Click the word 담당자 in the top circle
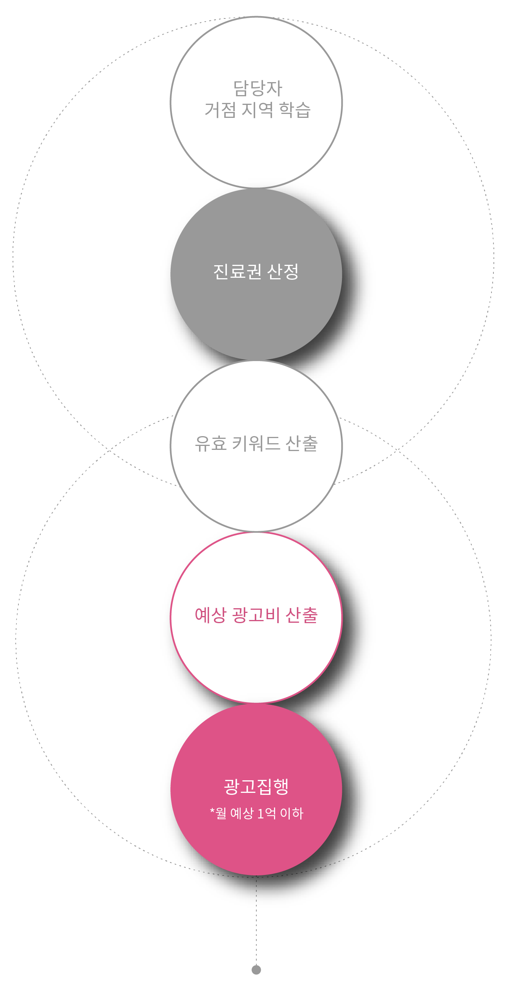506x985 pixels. tap(258, 88)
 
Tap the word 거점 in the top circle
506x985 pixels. tap(220, 110)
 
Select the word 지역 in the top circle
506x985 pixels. tap(257, 110)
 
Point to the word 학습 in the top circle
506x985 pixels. tap(295, 110)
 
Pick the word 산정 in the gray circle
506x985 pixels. tap(283, 271)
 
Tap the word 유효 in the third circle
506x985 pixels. tap(210, 443)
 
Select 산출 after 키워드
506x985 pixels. tap(301, 443)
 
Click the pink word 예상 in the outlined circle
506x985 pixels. tap(210, 615)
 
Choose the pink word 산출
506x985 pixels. tap(301, 615)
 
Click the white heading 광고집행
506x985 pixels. tap(256, 787)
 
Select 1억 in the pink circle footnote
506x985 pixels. tap(267, 813)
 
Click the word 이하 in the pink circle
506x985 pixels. tap(292, 813)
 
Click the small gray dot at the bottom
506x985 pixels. tap(256, 970)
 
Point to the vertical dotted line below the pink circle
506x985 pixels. tap(256, 923)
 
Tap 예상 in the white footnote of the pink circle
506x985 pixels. tap(242, 813)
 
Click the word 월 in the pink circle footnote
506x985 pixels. tap(221, 813)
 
